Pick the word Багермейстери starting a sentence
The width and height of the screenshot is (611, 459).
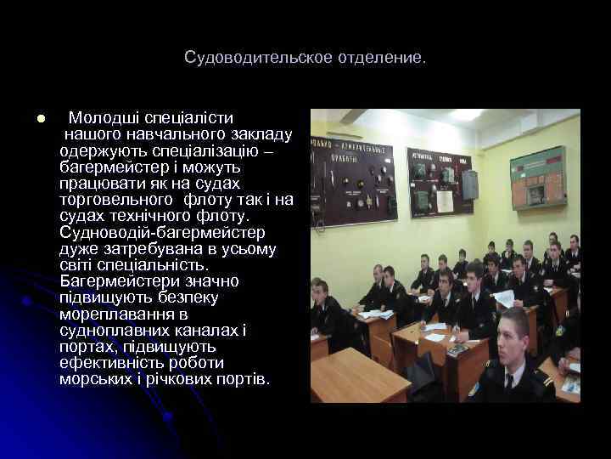click(x=124, y=281)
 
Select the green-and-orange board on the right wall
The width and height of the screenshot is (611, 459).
click(x=536, y=176)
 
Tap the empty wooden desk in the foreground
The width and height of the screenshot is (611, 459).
click(x=356, y=377)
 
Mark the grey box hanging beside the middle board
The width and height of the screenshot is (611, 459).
click(x=469, y=184)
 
